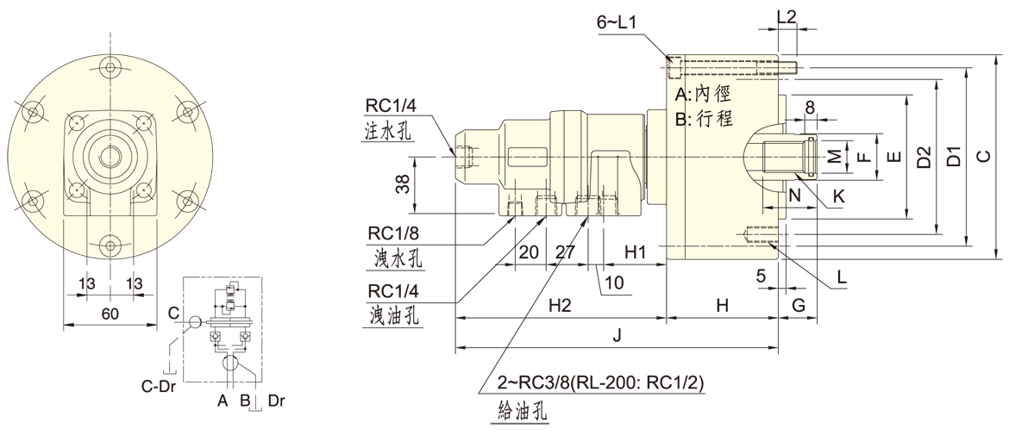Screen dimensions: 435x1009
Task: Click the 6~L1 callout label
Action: [617, 23]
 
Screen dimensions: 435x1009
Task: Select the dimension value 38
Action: [402, 183]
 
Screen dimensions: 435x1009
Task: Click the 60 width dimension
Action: [110, 314]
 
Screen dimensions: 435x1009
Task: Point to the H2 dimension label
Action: [560, 306]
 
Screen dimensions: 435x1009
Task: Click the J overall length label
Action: [616, 336]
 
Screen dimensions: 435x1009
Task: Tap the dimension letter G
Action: [798, 306]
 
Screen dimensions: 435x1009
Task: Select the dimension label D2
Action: [924, 157]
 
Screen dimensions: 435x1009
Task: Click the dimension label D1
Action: [954, 157]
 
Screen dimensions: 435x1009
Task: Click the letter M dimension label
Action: [834, 156]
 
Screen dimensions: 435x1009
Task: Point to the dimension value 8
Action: [810, 106]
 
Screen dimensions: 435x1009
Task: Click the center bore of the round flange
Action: [110, 156]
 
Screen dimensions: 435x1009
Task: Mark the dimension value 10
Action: [612, 282]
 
